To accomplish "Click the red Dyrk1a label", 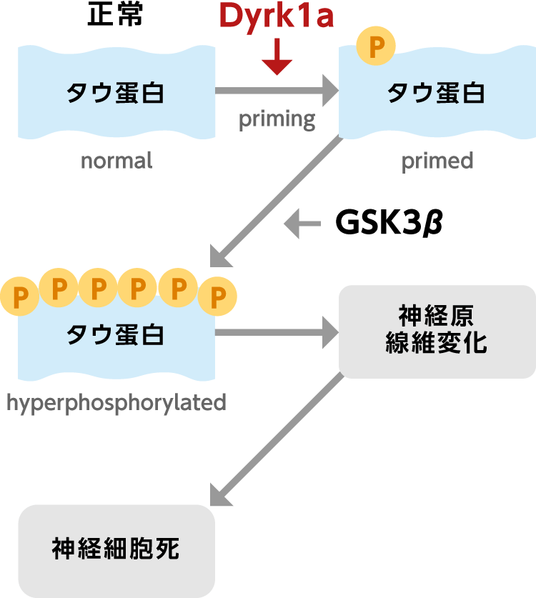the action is click(277, 16).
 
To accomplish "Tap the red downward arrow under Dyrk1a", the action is click(277, 56).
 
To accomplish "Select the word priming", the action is click(277, 120).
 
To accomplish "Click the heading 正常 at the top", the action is click(115, 14).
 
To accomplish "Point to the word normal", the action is click(116, 161).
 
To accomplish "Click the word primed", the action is click(437, 161).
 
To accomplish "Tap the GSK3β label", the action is click(389, 222).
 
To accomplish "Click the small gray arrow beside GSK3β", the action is click(302, 224).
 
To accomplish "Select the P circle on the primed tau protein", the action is click(376, 46).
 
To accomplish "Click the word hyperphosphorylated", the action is click(116, 403).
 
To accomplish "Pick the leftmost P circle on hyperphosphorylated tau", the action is click(19, 296).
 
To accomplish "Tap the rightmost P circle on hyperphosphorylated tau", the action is click(217, 296).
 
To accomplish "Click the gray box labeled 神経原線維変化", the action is click(437, 332).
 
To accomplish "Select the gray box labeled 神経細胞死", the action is click(116, 551).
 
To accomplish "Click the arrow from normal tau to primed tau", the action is click(277, 91).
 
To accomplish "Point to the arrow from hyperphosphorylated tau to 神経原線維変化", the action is click(277, 332).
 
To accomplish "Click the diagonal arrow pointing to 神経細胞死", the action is click(277, 439).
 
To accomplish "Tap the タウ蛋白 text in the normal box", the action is click(115, 93).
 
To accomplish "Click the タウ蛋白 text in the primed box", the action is click(436, 93).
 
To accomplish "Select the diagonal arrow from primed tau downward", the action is click(276, 201).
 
